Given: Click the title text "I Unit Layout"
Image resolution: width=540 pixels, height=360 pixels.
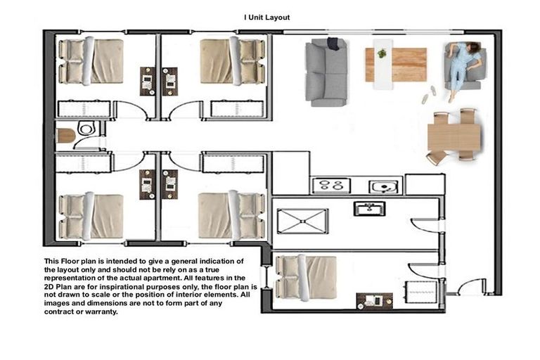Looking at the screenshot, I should pyautogui.click(x=266, y=18).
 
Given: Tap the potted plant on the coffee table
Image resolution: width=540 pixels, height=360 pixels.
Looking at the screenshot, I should pyautogui.click(x=382, y=53).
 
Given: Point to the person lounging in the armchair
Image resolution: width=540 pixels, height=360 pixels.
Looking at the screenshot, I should pyautogui.click(x=463, y=65).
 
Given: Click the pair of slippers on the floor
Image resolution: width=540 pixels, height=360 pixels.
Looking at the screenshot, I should pyautogui.click(x=429, y=95).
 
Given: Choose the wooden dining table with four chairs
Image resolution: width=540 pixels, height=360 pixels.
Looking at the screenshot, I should pyautogui.click(x=454, y=136).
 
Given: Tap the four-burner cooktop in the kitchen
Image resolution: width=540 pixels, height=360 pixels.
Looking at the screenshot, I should pyautogui.click(x=331, y=186).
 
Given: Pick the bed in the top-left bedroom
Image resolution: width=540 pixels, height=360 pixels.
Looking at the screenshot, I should pyautogui.click(x=90, y=61).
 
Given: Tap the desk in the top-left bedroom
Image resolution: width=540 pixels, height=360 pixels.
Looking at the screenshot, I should pyautogui.click(x=148, y=81).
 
